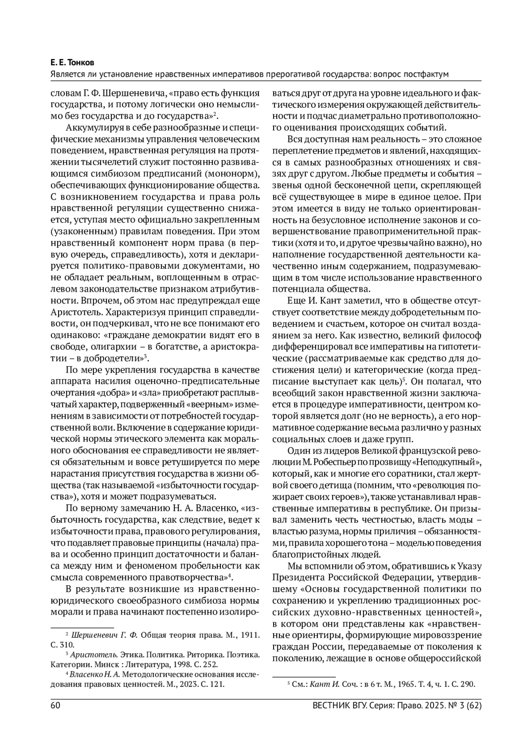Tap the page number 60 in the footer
point(55,706)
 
